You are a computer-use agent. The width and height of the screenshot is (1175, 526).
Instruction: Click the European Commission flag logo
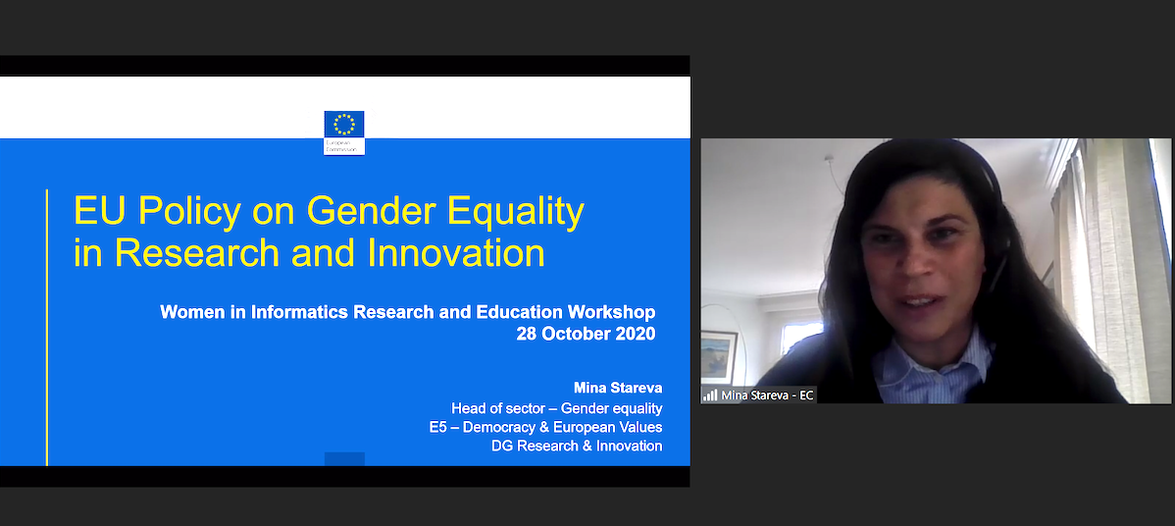[344, 126]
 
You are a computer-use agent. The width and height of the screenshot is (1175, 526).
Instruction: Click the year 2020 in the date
[636, 334]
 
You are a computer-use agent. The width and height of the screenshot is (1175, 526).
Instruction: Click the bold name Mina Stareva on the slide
[617, 388]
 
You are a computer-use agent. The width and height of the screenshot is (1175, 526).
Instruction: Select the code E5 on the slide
[438, 427]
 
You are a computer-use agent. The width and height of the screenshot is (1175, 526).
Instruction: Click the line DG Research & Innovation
[577, 446]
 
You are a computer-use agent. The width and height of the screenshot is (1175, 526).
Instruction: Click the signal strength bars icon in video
[709, 394]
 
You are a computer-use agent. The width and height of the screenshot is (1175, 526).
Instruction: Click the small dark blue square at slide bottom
[344, 458]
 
